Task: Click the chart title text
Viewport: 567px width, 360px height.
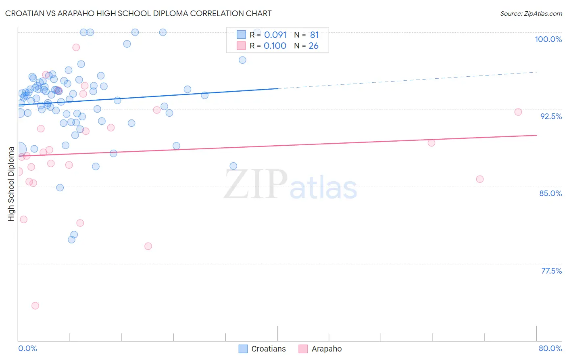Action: pyautogui.click(x=138, y=13)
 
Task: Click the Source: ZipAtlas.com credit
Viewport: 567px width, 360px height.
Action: pyautogui.click(x=531, y=13)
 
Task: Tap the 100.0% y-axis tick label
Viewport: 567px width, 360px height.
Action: pyautogui.click(x=548, y=39)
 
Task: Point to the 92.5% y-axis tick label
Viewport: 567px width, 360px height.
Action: pyautogui.click(x=551, y=116)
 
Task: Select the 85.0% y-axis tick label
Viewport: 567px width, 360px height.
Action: pyautogui.click(x=550, y=193)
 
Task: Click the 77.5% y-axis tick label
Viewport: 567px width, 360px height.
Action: pyautogui.click(x=551, y=271)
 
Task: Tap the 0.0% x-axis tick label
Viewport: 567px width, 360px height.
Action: pyautogui.click(x=27, y=348)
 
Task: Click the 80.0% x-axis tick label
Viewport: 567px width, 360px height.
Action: pyautogui.click(x=550, y=348)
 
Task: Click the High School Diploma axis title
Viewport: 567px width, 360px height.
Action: pyautogui.click(x=11, y=184)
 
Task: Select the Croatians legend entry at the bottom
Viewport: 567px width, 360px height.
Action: pyautogui.click(x=262, y=349)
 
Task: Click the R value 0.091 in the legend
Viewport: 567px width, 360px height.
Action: pyautogui.click(x=275, y=35)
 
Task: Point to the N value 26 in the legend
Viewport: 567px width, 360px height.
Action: pyautogui.click(x=313, y=46)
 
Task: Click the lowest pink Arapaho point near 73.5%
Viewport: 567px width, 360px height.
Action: pyautogui.click(x=35, y=306)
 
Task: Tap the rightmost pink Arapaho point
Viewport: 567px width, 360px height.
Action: pyautogui.click(x=518, y=112)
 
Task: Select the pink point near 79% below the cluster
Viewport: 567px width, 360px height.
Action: pyautogui.click(x=148, y=246)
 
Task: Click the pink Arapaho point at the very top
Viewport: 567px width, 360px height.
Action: pyautogui.click(x=76, y=47)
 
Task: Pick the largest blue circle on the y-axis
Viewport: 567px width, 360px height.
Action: pyautogui.click(x=19, y=149)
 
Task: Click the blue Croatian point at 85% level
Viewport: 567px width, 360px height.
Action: pyautogui.click(x=60, y=188)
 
